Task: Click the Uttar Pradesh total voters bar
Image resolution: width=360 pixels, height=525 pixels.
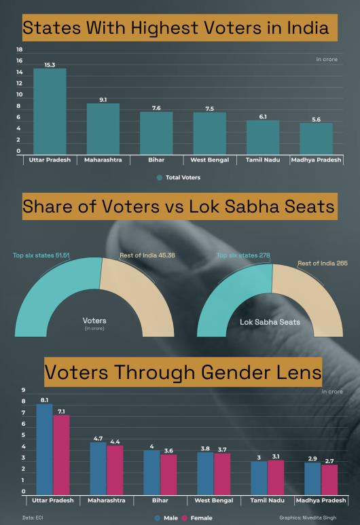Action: [50, 111]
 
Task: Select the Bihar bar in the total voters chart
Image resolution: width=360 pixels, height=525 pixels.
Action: [156, 133]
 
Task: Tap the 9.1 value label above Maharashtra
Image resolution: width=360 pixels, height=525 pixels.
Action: [103, 100]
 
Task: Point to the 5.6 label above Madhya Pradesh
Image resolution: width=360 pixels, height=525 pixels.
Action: [316, 120]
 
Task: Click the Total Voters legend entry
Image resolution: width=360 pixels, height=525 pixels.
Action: [179, 177]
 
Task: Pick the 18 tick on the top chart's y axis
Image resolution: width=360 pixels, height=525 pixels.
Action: [20, 50]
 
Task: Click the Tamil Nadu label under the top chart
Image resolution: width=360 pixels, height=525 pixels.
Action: [263, 160]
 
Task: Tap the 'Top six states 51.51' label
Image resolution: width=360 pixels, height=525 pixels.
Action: [41, 255]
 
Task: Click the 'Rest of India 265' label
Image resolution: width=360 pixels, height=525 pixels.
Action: [323, 263]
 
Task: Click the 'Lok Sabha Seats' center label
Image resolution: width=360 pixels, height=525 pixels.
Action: [270, 322]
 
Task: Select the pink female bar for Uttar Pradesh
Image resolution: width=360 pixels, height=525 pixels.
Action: [61, 455]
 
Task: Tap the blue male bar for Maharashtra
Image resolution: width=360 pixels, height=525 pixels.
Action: [98, 469]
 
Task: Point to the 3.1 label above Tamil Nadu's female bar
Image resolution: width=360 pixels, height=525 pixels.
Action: [276, 456]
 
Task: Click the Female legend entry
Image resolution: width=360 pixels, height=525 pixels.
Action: [197, 518]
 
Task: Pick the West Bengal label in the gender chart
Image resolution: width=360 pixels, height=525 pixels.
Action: [214, 501]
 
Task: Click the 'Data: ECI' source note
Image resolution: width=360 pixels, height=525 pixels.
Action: [33, 518]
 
